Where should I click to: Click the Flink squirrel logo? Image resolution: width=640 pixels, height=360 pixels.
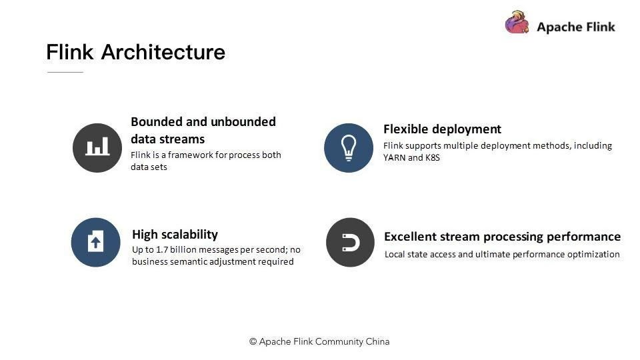coord(517,23)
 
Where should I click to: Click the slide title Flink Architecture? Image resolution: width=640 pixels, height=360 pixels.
coord(135,52)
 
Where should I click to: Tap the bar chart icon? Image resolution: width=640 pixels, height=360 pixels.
coord(97,148)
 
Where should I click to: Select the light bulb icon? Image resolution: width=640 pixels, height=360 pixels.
coord(349,148)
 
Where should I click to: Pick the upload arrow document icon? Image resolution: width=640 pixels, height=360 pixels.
coord(95,243)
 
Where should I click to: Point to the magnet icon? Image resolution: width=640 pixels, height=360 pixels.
coord(350,243)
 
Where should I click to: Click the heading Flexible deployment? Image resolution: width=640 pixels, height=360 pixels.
coord(442,129)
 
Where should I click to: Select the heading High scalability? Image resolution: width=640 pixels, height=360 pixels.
coord(175,235)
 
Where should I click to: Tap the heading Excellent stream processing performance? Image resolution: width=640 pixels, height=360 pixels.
coord(502,237)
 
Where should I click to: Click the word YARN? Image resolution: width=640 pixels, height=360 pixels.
coord(394,157)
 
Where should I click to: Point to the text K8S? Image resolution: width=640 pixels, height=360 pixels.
coord(432,157)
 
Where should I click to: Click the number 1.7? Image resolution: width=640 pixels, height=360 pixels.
coord(162,250)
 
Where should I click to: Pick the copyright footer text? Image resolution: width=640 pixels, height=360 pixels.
coord(319,341)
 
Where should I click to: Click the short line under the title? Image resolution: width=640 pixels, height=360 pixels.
coord(65,72)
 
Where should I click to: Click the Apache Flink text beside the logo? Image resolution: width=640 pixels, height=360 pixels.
coord(576,27)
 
